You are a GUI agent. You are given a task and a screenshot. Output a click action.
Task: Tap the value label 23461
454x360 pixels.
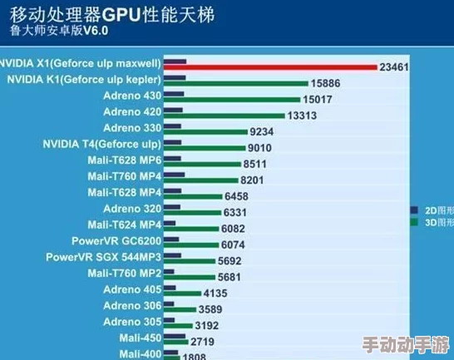click(x=394, y=67)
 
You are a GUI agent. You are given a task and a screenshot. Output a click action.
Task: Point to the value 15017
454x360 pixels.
click(x=318, y=100)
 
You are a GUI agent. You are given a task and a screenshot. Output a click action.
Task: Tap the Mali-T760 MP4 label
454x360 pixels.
click(x=125, y=176)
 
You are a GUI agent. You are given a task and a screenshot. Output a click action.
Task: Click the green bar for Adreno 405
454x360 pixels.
click(x=184, y=293)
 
